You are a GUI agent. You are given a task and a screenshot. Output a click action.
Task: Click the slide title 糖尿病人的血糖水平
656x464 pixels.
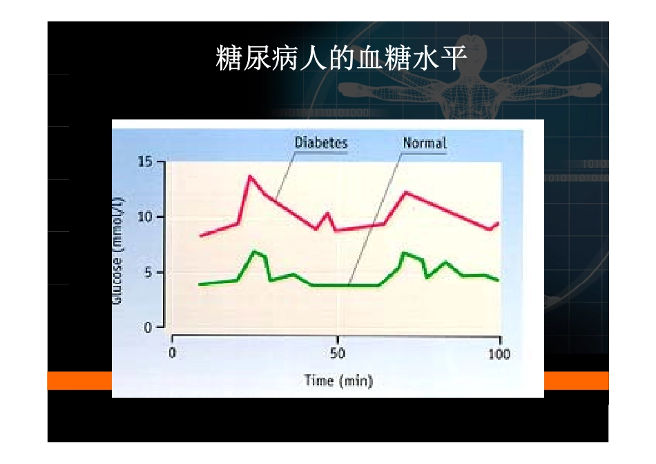click(341, 60)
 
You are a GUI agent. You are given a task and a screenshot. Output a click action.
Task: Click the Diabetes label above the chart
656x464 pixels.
click(321, 143)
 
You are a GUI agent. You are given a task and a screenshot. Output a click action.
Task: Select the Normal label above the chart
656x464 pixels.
click(425, 143)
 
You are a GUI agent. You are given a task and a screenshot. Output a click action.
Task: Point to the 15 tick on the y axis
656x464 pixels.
click(144, 162)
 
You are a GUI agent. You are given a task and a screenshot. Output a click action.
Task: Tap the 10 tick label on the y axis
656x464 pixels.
click(144, 217)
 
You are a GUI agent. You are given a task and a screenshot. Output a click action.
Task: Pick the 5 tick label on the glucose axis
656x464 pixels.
click(148, 272)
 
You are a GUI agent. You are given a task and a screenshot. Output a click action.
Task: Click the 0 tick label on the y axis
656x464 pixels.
click(148, 327)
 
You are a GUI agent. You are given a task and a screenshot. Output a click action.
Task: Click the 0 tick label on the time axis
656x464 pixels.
click(172, 354)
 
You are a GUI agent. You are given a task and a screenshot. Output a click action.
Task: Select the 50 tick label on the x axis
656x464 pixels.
click(337, 354)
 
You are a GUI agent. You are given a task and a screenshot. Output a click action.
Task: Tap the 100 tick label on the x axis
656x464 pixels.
click(499, 354)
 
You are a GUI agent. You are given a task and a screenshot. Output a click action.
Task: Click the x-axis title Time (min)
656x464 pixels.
click(338, 380)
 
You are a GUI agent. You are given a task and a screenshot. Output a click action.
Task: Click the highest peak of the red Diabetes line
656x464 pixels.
click(249, 176)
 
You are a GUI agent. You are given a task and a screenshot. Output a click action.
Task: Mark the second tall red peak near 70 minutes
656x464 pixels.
click(405, 192)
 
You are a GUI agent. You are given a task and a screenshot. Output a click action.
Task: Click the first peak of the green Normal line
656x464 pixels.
click(254, 251)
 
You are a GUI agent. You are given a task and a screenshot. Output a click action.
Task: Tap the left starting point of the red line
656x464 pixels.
click(200, 236)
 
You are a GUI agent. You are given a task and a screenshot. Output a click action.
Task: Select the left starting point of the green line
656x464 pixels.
click(200, 284)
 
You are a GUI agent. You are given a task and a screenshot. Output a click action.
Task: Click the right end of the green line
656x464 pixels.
click(498, 280)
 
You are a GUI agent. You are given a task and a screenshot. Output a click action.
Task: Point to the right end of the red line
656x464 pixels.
click(498, 223)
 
